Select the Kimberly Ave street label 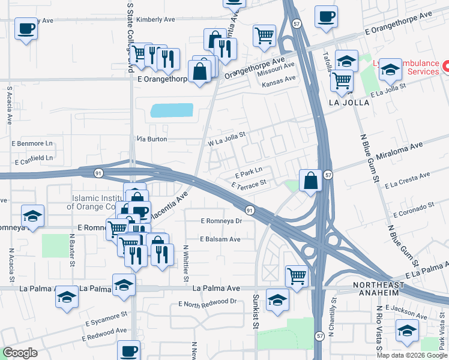pos(155,20)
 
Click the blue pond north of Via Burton pos(172,110)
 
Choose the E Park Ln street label pos(249,170)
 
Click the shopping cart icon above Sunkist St pos(297,276)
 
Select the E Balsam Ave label pos(219,239)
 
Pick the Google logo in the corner pos(20,353)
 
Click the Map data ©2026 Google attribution pos(412,355)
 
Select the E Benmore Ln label pos(32,144)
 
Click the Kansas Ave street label pos(279,79)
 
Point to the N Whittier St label pos(185,263)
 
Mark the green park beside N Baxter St pos(55,245)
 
